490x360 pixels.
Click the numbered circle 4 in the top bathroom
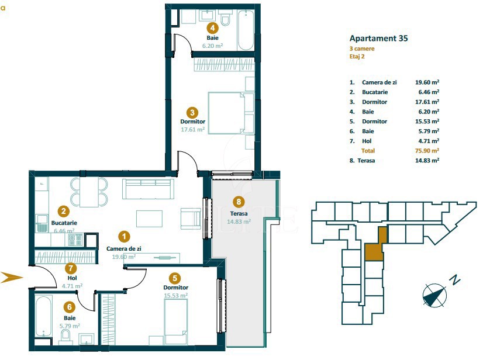tap(213, 27)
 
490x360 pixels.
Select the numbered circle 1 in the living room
tap(124, 236)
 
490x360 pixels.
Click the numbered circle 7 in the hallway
tap(71, 268)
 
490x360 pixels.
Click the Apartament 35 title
tap(378, 39)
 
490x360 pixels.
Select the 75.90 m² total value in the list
tap(427, 150)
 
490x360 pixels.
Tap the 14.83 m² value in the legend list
tap(427, 160)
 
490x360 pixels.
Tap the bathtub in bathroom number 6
tap(44, 316)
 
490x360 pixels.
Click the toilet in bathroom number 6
tap(65, 335)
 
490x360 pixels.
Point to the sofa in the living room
tap(148, 189)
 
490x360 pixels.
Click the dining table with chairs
tap(89, 192)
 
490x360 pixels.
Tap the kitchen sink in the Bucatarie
tap(42, 222)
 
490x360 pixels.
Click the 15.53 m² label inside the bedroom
tap(175, 296)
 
